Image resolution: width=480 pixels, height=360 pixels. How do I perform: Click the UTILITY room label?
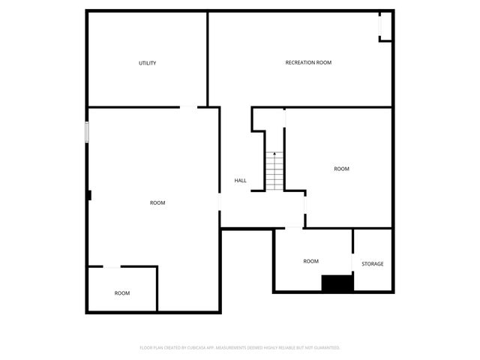pyautogui.click(x=147, y=63)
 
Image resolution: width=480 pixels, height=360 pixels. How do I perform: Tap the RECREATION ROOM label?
pyautogui.click(x=308, y=62)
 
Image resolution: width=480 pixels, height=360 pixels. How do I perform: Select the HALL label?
pyautogui.click(x=240, y=180)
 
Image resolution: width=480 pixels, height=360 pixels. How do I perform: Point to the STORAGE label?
pyautogui.click(x=373, y=264)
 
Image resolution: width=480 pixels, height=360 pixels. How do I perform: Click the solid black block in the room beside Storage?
pyautogui.click(x=337, y=283)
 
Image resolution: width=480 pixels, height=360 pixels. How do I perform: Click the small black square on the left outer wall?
pyautogui.click(x=88, y=195)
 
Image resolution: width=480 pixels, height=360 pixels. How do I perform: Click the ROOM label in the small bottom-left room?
pyautogui.click(x=121, y=292)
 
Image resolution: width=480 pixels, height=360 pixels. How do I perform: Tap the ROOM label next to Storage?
pyautogui.click(x=310, y=261)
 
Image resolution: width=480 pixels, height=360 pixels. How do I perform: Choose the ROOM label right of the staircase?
pyautogui.click(x=341, y=169)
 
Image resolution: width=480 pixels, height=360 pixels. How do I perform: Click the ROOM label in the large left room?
pyautogui.click(x=157, y=202)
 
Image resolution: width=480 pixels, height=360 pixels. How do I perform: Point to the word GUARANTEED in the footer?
pyautogui.click(x=325, y=348)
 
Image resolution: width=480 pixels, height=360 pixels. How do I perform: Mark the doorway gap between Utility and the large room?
pyautogui.click(x=189, y=107)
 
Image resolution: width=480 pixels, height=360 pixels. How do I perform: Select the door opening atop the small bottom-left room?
pyautogui.click(x=112, y=266)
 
